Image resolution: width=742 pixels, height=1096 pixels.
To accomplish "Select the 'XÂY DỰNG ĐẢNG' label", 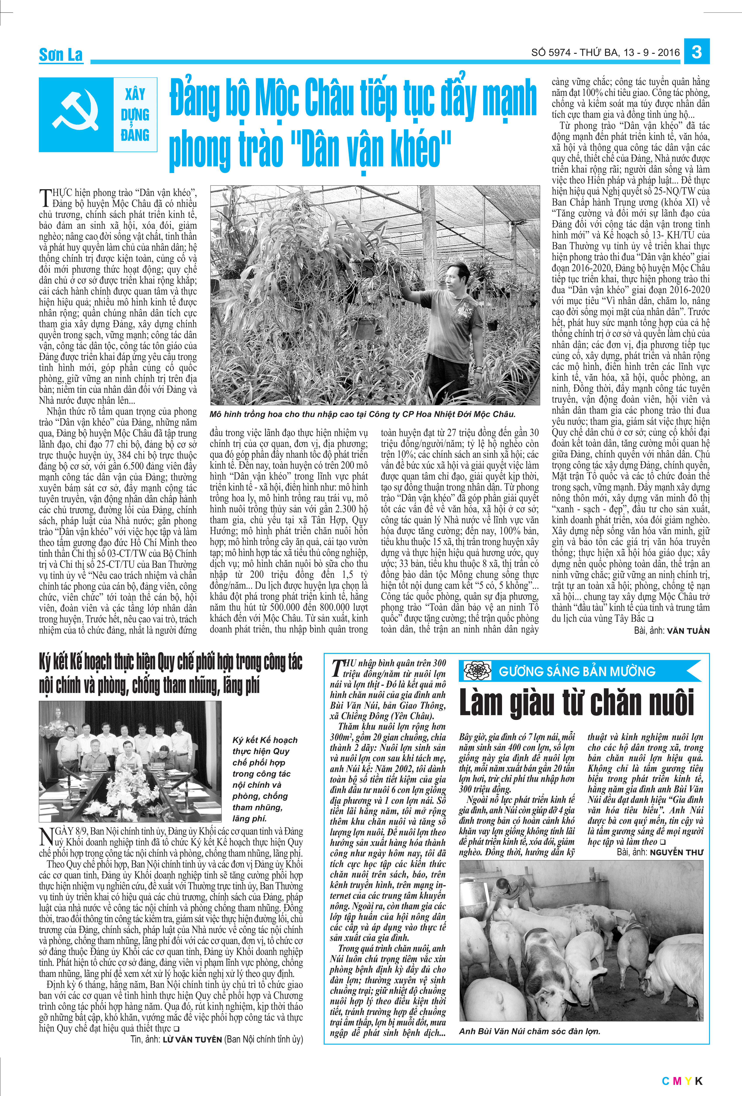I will click(135, 115).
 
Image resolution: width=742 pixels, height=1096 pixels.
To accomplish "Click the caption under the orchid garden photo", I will click(362, 414).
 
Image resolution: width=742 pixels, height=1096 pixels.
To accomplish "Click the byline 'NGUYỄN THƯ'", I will click(676, 852).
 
